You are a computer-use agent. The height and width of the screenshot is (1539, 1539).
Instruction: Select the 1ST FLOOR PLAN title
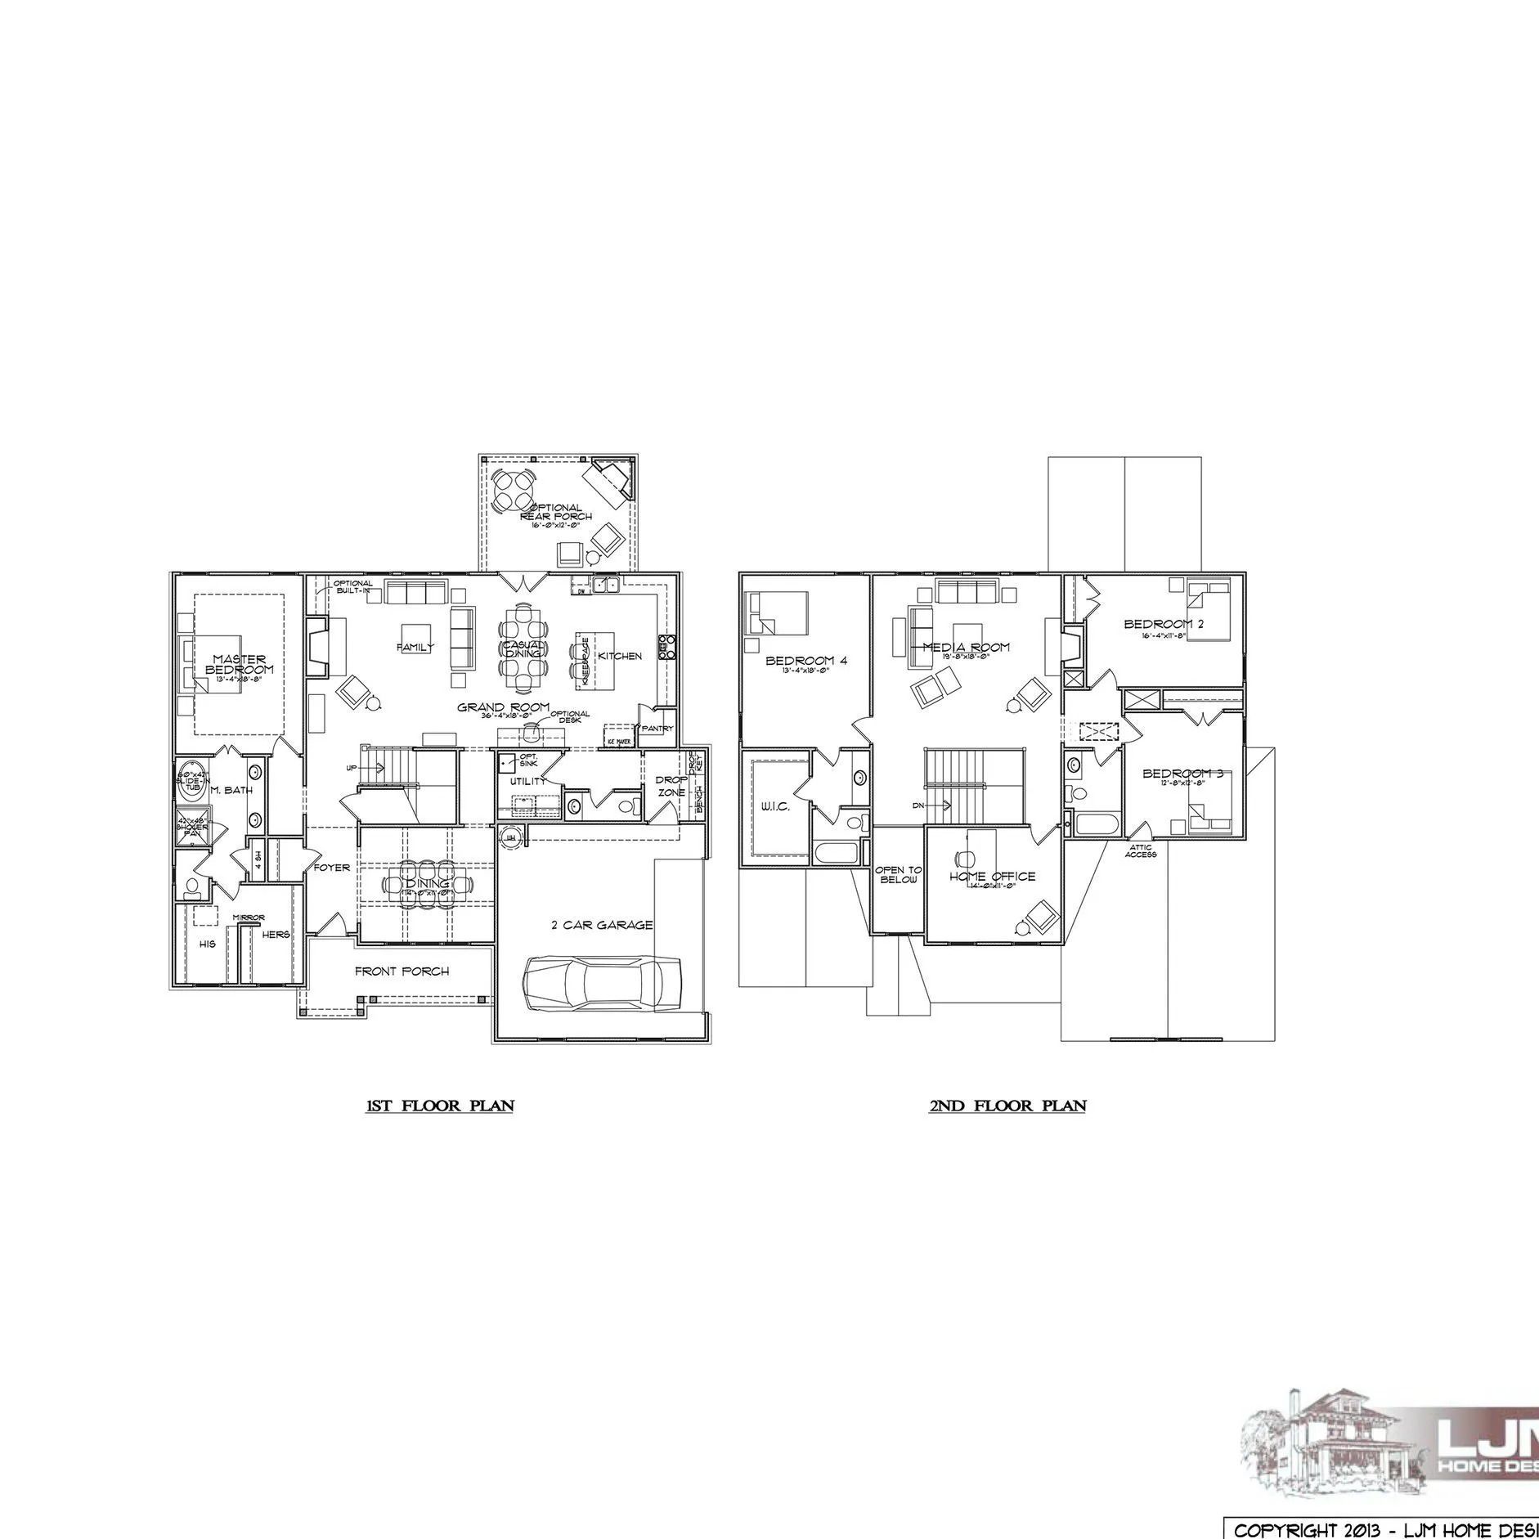click(439, 1106)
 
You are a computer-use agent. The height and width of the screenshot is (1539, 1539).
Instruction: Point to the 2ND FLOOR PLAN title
click(1007, 1106)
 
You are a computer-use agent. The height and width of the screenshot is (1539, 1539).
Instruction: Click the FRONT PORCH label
click(402, 971)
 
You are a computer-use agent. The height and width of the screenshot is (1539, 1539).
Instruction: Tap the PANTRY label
click(657, 728)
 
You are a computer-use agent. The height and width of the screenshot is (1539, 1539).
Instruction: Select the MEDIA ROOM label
click(966, 647)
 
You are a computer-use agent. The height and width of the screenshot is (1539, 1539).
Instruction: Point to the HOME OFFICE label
click(992, 877)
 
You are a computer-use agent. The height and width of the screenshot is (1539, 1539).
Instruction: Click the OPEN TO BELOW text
click(899, 874)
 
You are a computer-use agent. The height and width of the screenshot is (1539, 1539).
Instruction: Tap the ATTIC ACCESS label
click(1140, 851)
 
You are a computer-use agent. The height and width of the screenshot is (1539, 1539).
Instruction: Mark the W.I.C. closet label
click(774, 807)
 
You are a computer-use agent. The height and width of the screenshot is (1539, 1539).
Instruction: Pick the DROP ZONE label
click(671, 786)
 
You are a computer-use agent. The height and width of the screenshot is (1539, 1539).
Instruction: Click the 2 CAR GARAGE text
click(602, 925)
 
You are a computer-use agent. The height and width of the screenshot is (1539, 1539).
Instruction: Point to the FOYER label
click(331, 868)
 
